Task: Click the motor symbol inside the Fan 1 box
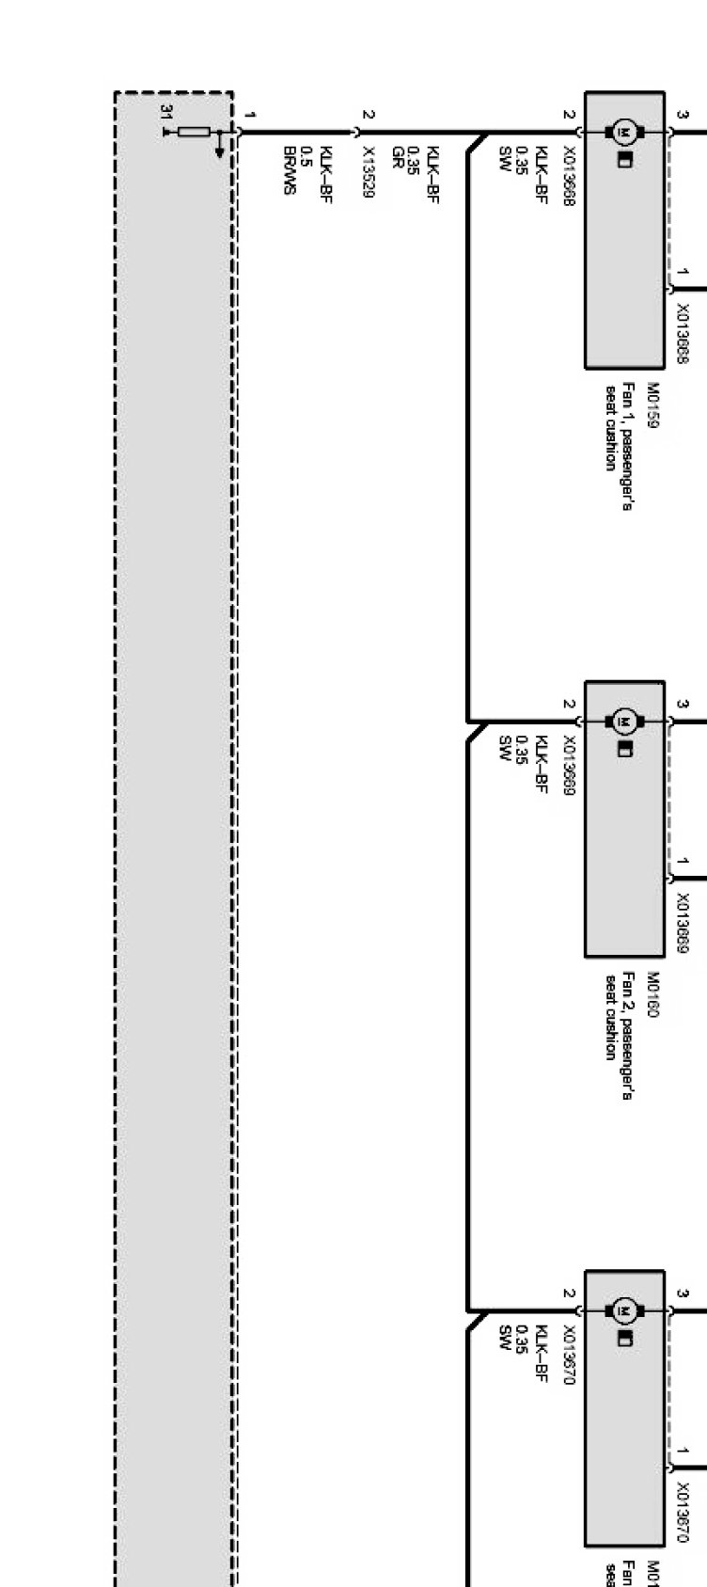coord(622,133)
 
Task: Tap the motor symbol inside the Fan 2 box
coord(622,722)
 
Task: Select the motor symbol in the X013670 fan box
coord(622,1310)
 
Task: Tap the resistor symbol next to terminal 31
coord(195,132)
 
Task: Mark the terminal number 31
coord(167,112)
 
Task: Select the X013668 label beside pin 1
coord(683,334)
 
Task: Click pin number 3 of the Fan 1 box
coord(683,116)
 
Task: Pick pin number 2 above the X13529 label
coord(369,115)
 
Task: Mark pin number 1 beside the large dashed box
coord(249,115)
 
